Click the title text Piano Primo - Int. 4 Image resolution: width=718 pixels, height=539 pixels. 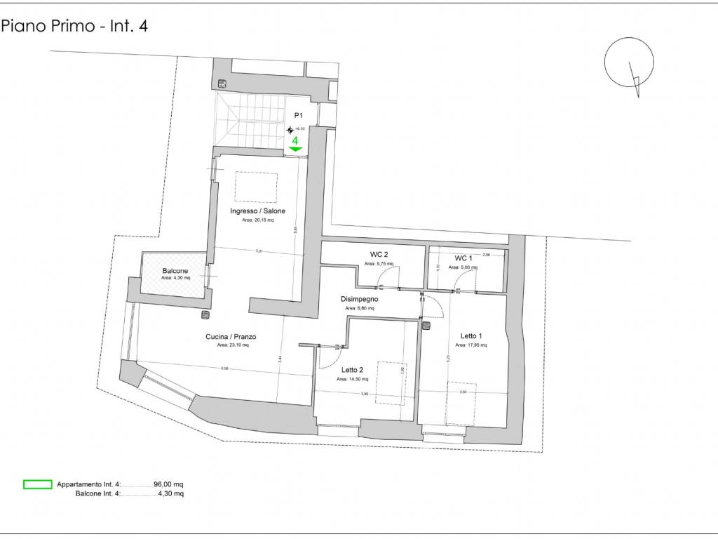74,27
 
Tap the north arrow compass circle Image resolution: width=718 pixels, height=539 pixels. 624,62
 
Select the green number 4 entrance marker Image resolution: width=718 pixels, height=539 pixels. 295,140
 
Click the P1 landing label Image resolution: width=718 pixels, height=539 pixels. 298,115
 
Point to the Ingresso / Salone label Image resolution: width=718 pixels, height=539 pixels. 257,211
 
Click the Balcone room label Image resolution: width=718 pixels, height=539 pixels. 175,271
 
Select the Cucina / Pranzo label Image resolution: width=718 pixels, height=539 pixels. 231,337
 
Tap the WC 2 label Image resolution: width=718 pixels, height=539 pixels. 379,255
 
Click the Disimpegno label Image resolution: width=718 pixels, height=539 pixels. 361,299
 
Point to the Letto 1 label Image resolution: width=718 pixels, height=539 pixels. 471,335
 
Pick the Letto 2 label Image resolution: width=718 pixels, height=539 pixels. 352,370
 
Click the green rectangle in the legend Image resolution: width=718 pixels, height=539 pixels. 38,484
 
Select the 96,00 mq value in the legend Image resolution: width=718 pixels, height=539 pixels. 168,484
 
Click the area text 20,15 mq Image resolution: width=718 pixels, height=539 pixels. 257,220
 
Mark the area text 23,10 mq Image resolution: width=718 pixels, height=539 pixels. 231,345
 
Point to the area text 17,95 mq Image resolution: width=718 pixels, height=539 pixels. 471,345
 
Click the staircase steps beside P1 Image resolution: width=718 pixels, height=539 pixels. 253,119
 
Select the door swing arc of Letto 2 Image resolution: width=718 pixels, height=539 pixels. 325,359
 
